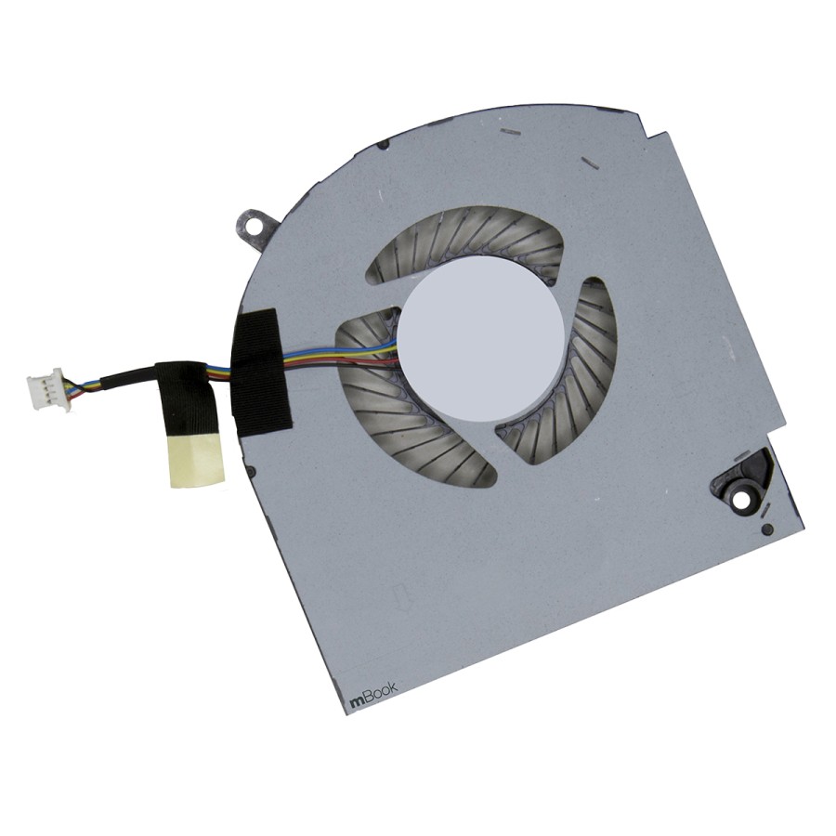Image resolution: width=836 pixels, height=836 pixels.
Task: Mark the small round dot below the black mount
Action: click(765, 529)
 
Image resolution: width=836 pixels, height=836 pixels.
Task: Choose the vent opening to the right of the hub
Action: click(567, 372)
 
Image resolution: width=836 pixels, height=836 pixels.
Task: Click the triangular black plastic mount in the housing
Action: click(743, 483)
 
